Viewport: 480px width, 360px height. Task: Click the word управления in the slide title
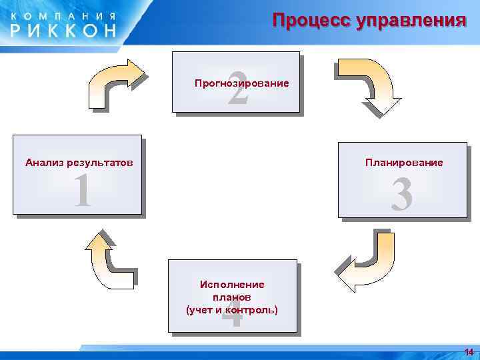pos(411,20)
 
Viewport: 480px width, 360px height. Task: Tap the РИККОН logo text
pos(63,30)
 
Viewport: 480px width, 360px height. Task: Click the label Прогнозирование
pos(241,84)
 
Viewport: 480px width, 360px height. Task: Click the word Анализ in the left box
pos(42,162)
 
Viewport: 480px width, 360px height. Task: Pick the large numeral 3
pos(401,195)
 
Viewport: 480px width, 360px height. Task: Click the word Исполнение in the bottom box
pos(232,285)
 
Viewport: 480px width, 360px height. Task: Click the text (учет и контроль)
pos(232,310)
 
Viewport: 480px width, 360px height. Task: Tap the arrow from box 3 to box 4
pos(371,263)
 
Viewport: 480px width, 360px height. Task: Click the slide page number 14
pos(469,352)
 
